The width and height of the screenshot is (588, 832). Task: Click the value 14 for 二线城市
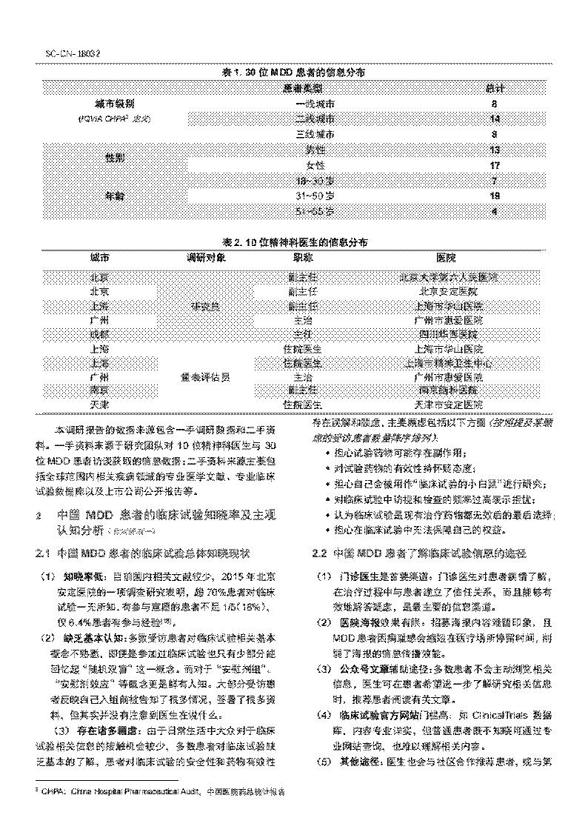pos(495,119)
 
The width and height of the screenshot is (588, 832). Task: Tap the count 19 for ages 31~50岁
pos(495,196)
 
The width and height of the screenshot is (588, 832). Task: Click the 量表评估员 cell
pos(205,376)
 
